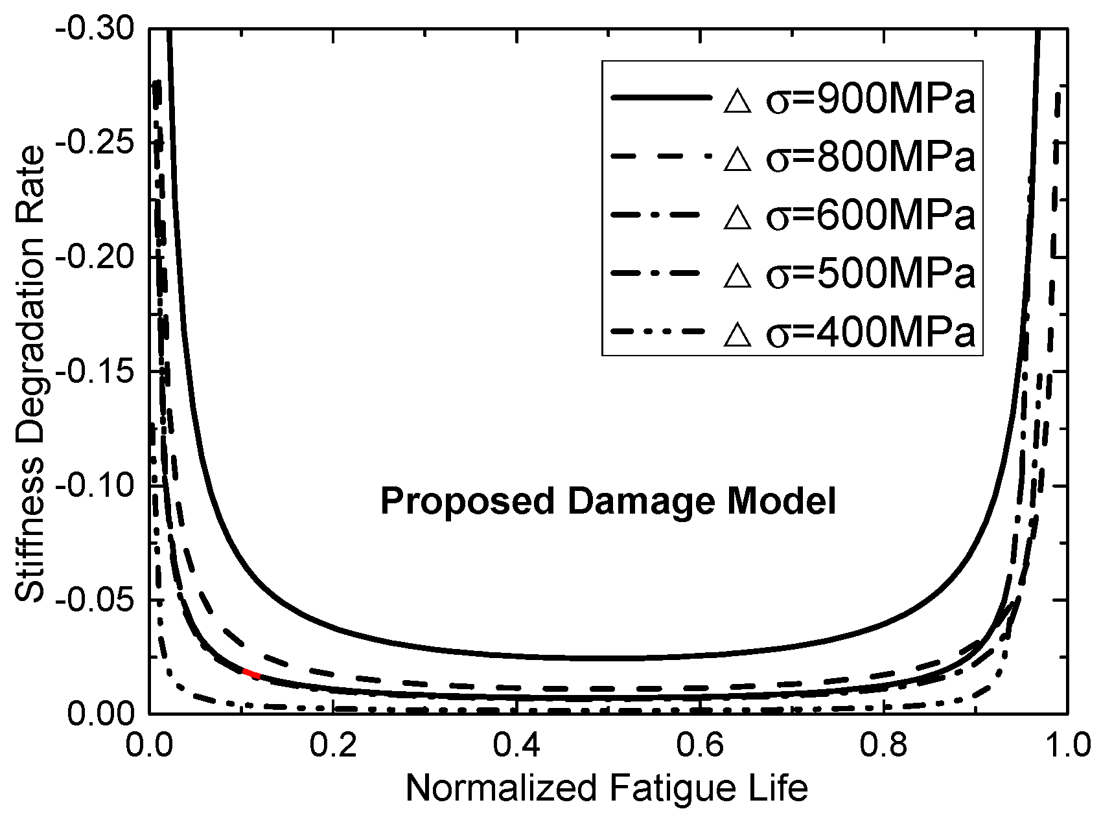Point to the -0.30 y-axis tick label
click(x=95, y=29)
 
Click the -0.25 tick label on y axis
click(x=95, y=143)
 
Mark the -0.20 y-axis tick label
click(x=95, y=257)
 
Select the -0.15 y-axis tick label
click(x=95, y=371)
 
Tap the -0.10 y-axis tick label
click(x=95, y=486)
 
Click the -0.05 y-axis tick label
click(x=95, y=600)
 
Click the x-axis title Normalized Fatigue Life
click(x=607, y=789)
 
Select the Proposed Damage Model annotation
click(x=607, y=502)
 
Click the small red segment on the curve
click(x=251, y=674)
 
